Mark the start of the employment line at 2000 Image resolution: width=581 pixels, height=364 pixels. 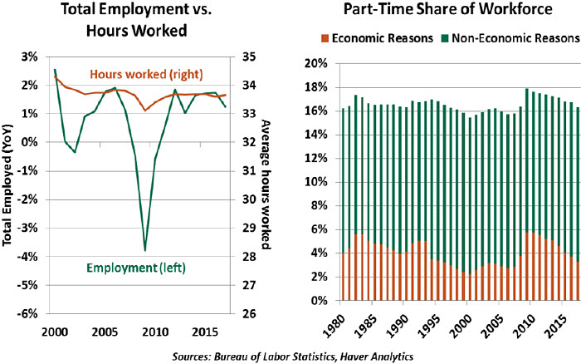(x=54, y=70)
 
